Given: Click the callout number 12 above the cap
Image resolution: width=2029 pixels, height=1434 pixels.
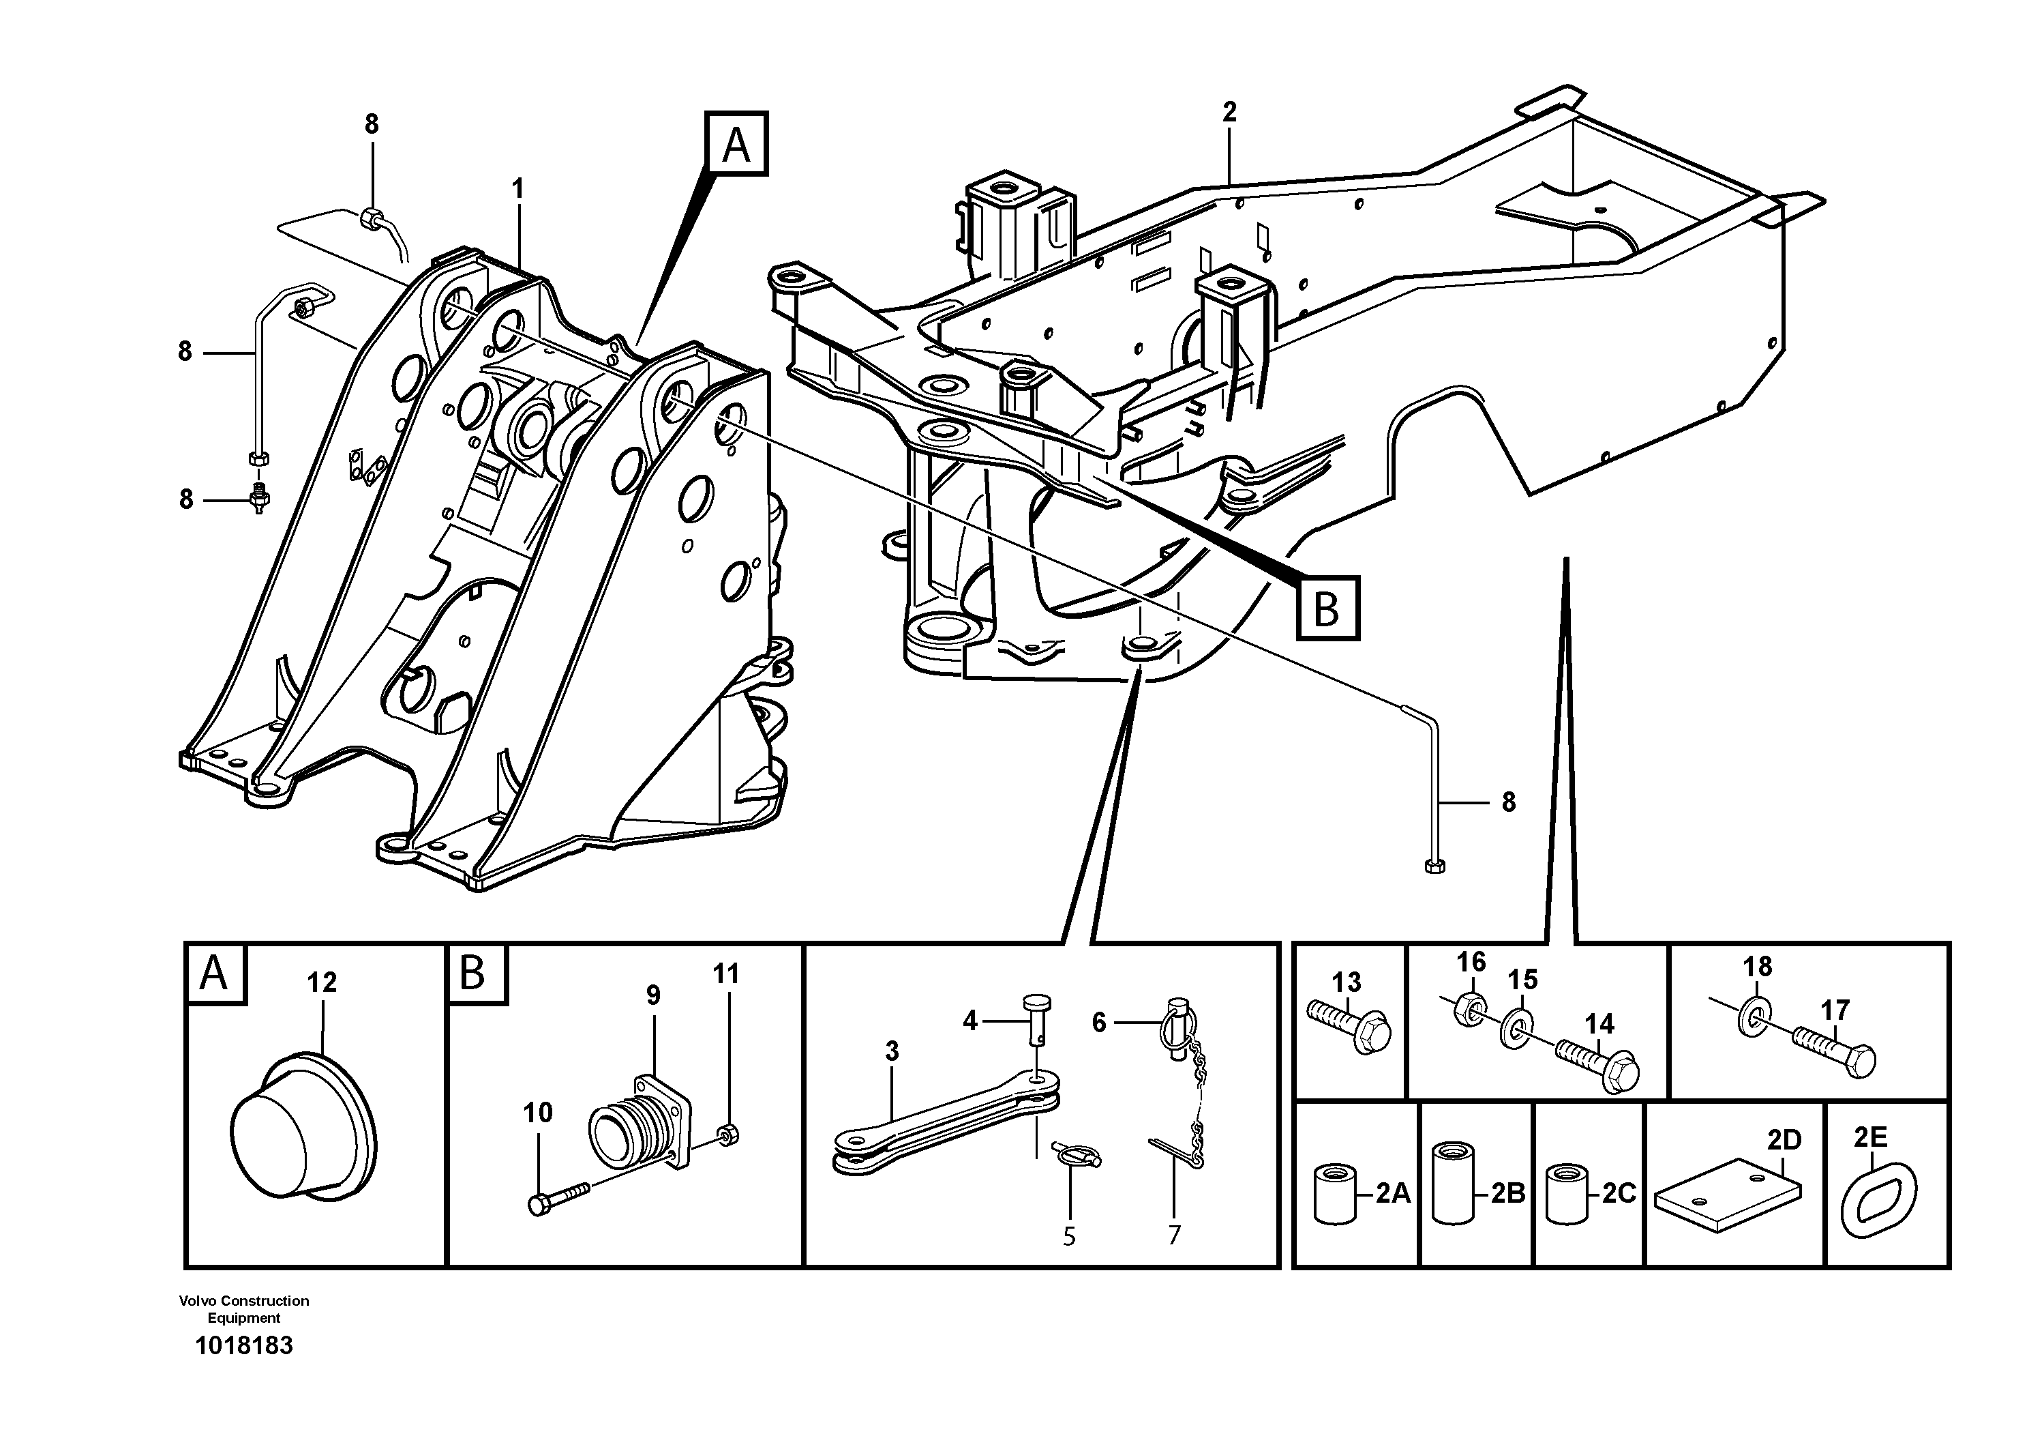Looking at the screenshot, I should [x=322, y=982].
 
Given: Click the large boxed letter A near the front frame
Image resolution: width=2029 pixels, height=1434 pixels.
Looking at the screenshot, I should [x=736, y=144].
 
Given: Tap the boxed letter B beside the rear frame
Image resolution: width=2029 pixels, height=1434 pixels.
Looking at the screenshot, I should [x=1327, y=609].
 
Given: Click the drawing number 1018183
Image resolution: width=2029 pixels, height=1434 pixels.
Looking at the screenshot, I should [x=244, y=1347].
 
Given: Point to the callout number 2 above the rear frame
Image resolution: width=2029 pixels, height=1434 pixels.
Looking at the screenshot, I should [x=1229, y=113].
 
